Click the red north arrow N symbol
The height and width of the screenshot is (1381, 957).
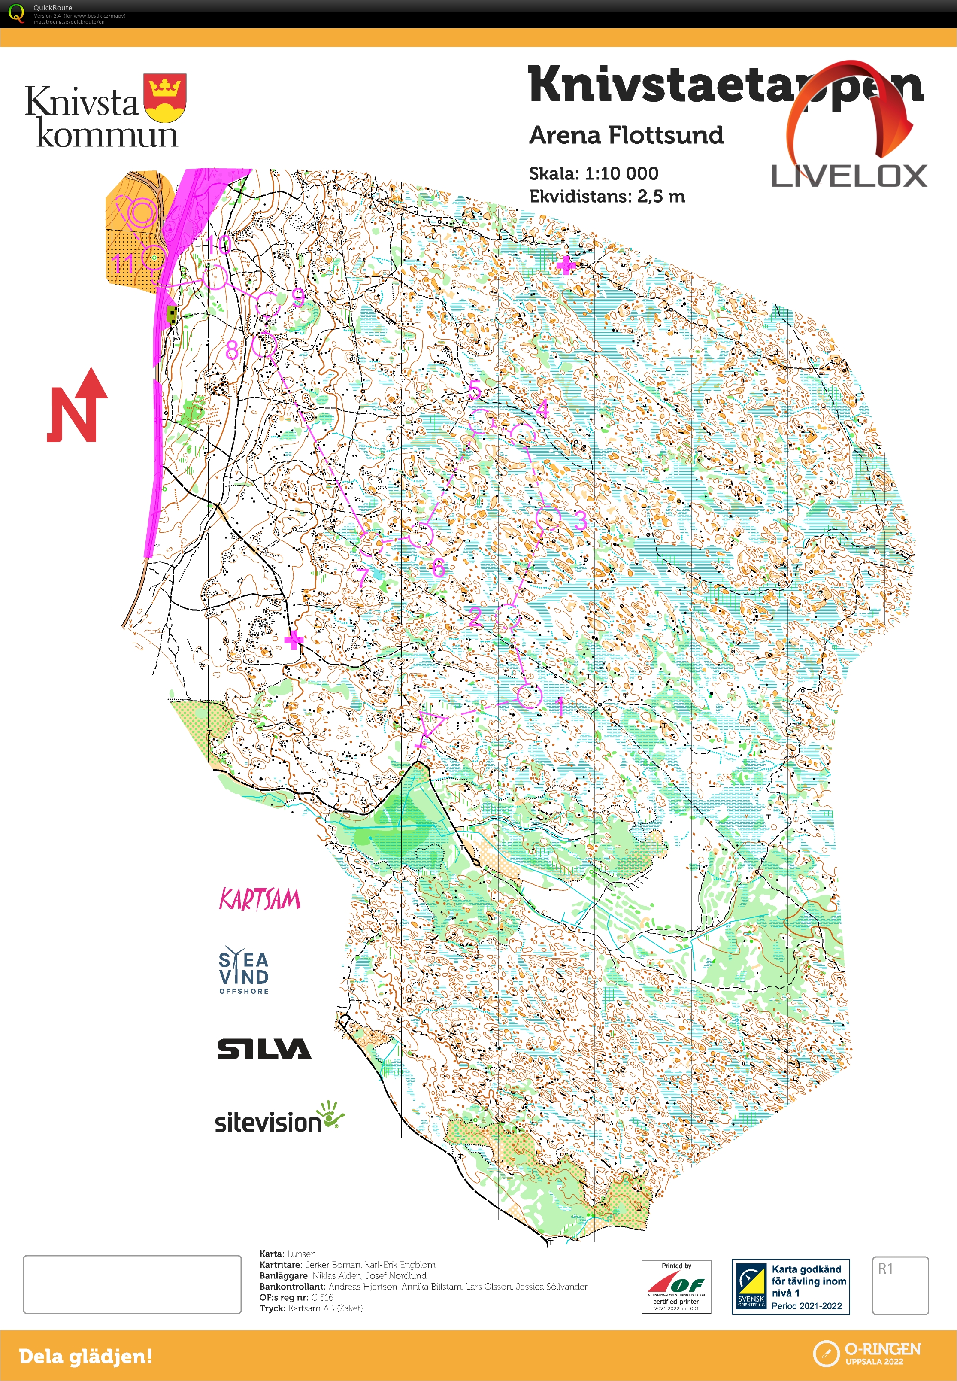(x=77, y=408)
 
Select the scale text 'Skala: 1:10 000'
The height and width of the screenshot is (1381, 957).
(x=593, y=174)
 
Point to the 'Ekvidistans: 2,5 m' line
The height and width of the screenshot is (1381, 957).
(x=606, y=197)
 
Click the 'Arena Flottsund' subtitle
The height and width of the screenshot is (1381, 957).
(x=626, y=135)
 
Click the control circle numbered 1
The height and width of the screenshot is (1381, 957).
(x=528, y=695)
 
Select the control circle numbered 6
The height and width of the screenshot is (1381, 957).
(x=421, y=534)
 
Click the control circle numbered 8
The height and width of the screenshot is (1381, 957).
(x=264, y=346)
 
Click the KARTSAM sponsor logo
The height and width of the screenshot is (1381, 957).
(x=260, y=899)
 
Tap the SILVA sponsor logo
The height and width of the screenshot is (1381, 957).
(x=264, y=1049)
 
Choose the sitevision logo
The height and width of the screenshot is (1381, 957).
(x=279, y=1119)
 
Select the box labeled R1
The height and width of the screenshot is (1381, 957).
(x=899, y=1285)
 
